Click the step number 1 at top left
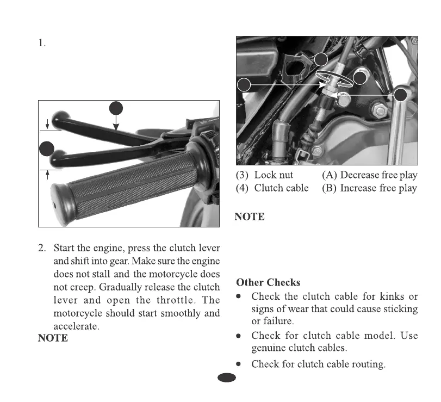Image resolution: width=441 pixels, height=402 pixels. pyautogui.click(x=41, y=44)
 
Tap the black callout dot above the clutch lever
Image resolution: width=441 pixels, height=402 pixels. pyautogui.click(x=115, y=108)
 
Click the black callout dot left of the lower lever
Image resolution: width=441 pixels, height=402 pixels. pyautogui.click(x=47, y=148)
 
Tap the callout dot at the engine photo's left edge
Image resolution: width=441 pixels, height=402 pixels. pyautogui.click(x=245, y=85)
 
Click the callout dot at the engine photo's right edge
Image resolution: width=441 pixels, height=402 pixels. pyautogui.click(x=401, y=95)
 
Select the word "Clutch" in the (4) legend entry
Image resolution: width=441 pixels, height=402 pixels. pyautogui.click(x=269, y=188)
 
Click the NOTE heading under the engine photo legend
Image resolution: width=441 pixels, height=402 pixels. pyautogui.click(x=250, y=217)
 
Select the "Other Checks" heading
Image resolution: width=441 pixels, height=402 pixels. pyautogui.click(x=268, y=282)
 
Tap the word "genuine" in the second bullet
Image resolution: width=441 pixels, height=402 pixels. pyautogui.click(x=271, y=348)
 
